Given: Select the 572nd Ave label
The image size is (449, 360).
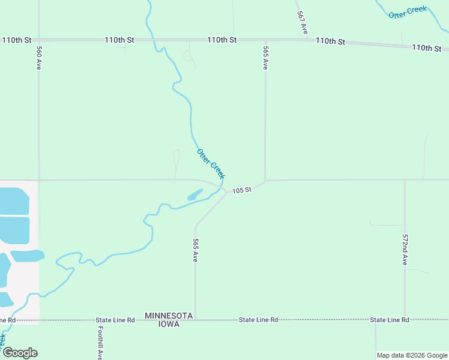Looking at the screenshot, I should pyautogui.click(x=405, y=250).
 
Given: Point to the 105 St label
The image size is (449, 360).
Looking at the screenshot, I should pyautogui.click(x=241, y=190).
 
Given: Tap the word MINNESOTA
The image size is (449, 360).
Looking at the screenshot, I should pyautogui.click(x=169, y=316).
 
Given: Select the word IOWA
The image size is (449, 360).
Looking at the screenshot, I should pyautogui.click(x=169, y=324).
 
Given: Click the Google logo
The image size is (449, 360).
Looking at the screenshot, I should pyautogui.click(x=20, y=352).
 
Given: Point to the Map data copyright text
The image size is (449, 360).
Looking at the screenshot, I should pyautogui.click(x=412, y=355).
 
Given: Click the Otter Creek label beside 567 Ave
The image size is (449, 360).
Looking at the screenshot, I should pyautogui.click(x=407, y=12).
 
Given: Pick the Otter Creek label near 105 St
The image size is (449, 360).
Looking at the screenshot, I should pyautogui.click(x=210, y=163).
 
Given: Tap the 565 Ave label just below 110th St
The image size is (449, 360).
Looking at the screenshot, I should pyautogui.click(x=265, y=58).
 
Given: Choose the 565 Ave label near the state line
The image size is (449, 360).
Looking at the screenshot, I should pyautogui.click(x=195, y=250).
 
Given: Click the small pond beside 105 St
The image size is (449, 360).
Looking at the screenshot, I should pyautogui.click(x=195, y=195).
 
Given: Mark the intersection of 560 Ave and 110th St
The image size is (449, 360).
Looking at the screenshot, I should pyautogui.click(x=39, y=40).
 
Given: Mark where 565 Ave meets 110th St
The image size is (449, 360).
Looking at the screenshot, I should pyautogui.click(x=265, y=40).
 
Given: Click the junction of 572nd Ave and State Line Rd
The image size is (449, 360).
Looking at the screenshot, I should pyautogui.click(x=405, y=320).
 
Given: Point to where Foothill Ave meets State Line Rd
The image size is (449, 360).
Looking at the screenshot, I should pyautogui.click(x=97, y=320).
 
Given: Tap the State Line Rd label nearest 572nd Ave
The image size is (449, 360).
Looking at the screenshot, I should pyautogui.click(x=390, y=320).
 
